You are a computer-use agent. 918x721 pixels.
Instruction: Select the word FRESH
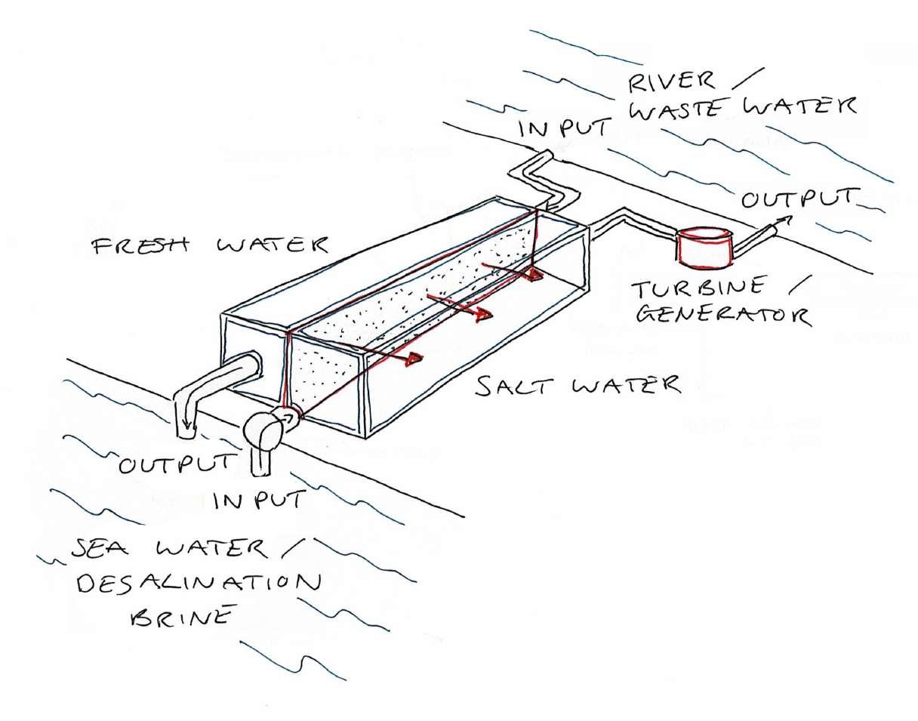(x=135, y=248)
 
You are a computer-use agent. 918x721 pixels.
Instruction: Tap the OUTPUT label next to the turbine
(x=800, y=200)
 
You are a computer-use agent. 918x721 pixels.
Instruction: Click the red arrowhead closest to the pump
(x=413, y=359)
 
